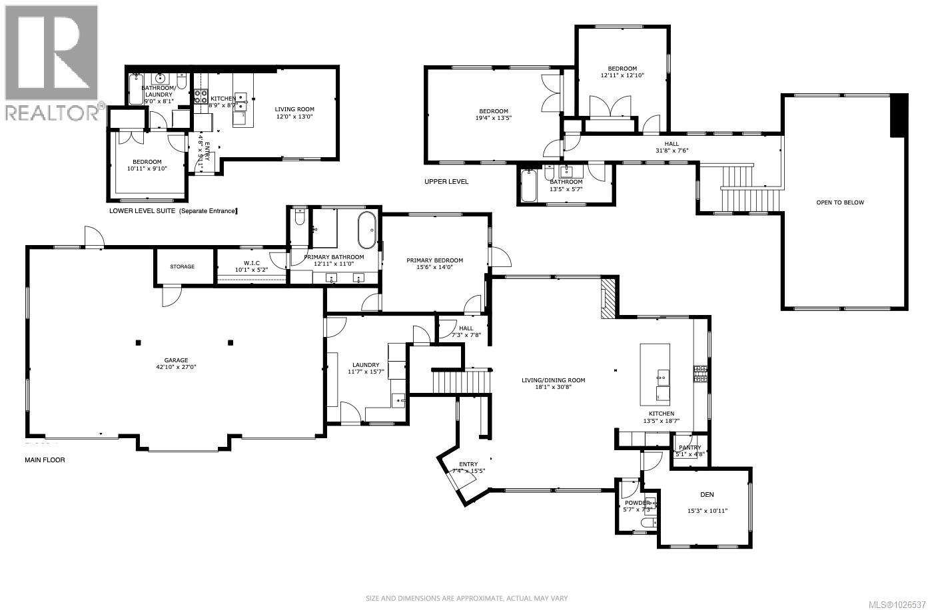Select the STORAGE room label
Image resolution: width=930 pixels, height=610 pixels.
pyautogui.click(x=182, y=266)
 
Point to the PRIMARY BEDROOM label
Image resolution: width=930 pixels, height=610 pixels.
pyautogui.click(x=434, y=260)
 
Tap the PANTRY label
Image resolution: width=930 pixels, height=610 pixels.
pyautogui.click(x=690, y=448)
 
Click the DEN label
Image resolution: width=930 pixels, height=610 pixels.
pyautogui.click(x=707, y=495)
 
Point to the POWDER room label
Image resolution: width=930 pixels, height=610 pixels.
pyautogui.click(x=633, y=503)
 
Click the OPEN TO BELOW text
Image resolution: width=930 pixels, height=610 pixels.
pyautogui.click(x=839, y=202)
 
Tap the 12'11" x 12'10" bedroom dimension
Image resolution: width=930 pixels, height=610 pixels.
pyautogui.click(x=622, y=75)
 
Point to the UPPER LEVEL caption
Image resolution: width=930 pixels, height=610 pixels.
pyautogui.click(x=446, y=181)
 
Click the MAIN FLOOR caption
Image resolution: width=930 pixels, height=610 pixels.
pyautogui.click(x=45, y=460)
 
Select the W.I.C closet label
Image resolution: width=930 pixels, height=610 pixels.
pyautogui.click(x=251, y=263)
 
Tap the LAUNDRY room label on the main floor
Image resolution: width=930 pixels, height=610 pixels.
pyautogui.click(x=366, y=365)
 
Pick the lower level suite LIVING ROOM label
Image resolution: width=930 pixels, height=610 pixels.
pyautogui.click(x=294, y=109)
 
